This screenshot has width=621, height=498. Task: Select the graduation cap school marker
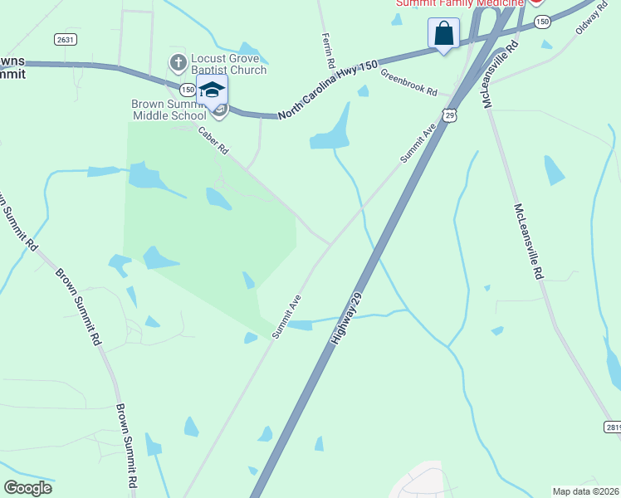point(213,90)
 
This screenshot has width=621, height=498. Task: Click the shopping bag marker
point(444,34)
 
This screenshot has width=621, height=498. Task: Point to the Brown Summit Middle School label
point(169,110)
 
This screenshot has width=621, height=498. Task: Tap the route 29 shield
point(449,115)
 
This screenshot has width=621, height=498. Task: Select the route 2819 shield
point(612,426)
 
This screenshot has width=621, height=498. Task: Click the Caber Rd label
point(213,141)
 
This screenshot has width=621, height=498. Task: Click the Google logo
point(27,487)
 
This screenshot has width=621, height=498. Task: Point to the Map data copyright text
point(585,491)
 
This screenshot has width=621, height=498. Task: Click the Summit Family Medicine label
point(459,4)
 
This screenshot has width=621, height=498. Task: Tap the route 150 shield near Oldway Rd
point(542,22)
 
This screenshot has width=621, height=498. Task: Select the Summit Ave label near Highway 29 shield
point(417,143)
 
